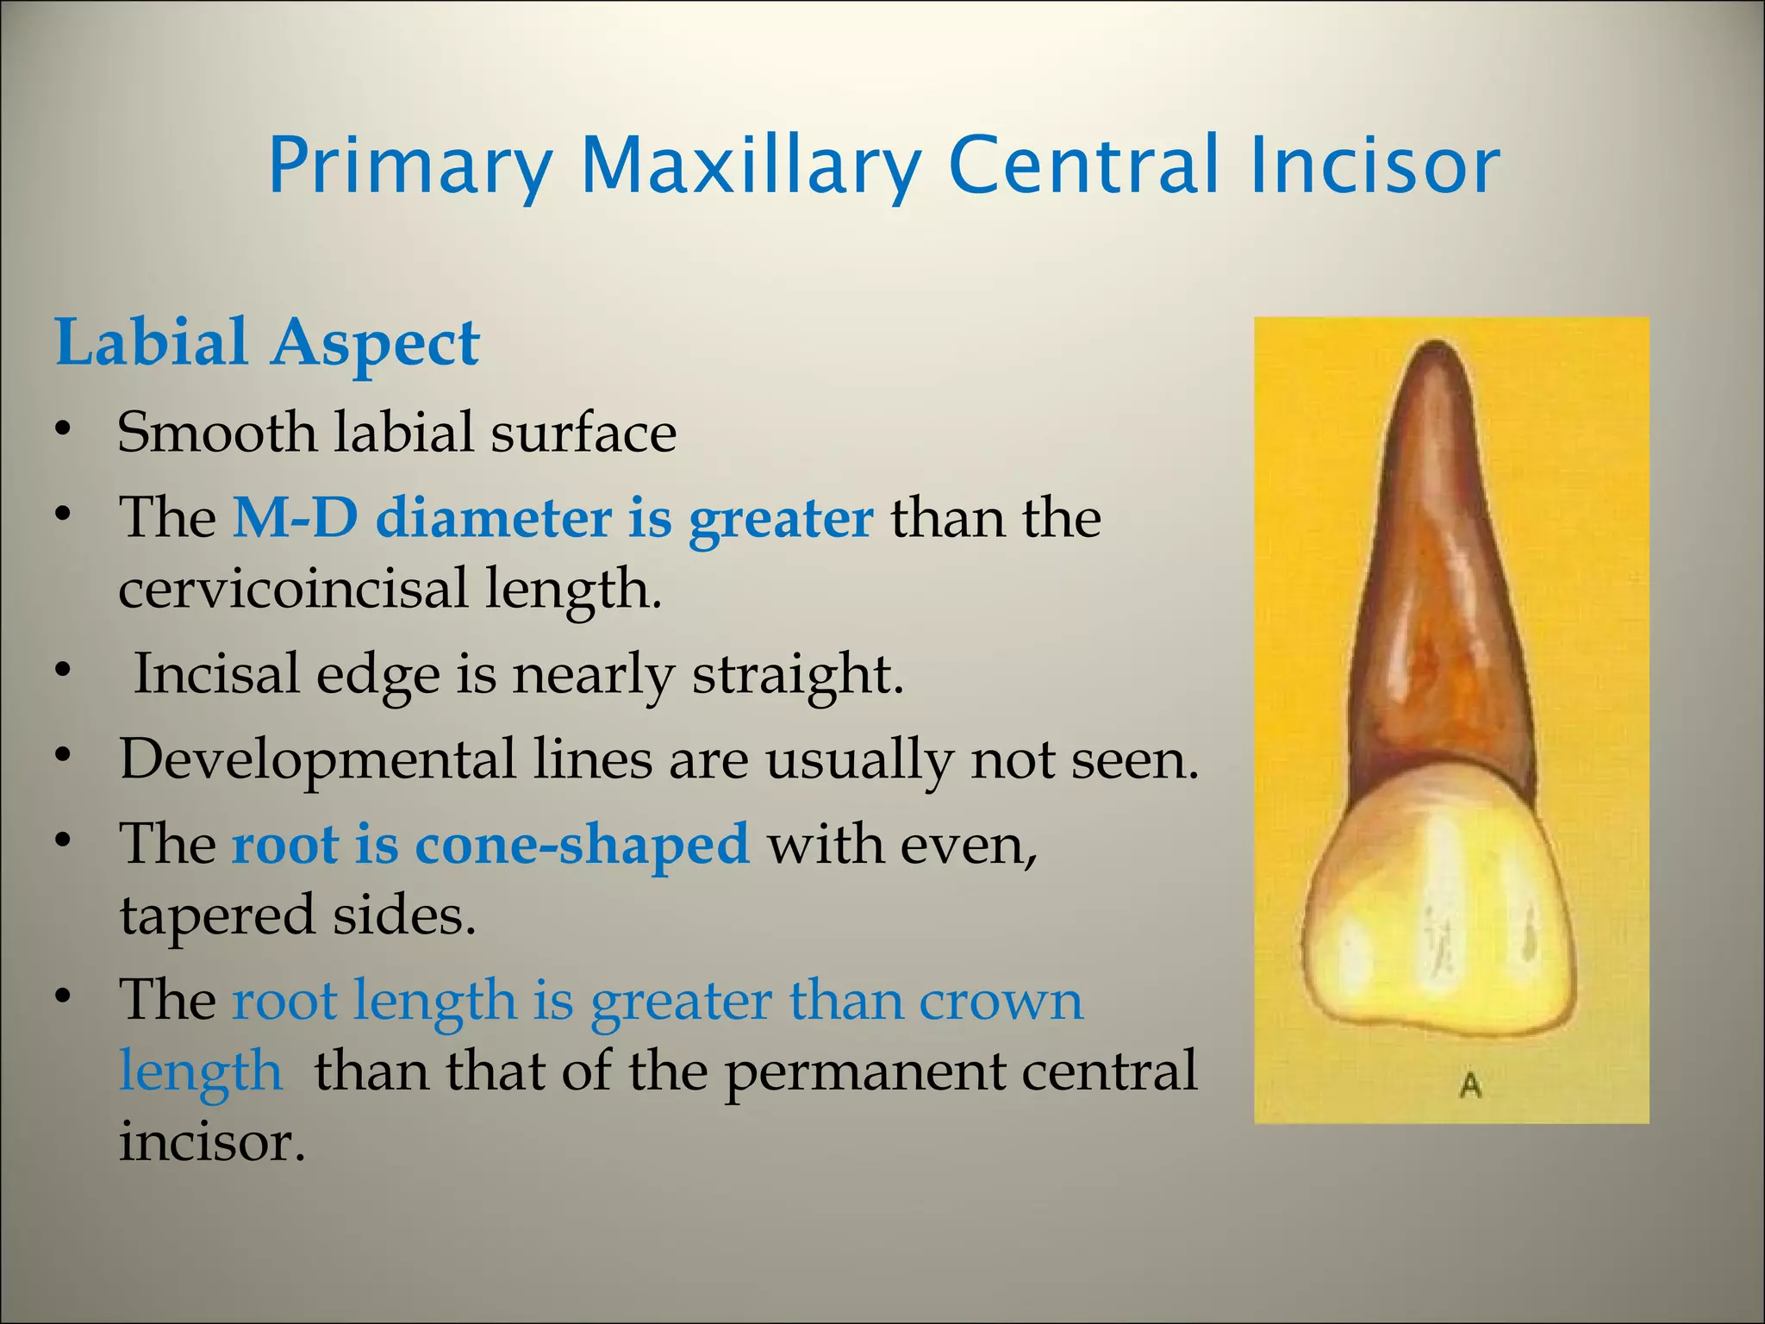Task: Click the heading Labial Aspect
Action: coord(267,344)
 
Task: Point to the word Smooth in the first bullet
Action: coord(216,432)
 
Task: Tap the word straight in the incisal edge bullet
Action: coord(797,675)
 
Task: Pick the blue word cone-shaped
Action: coord(582,845)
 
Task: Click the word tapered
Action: coord(216,916)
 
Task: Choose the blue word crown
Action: coord(1000,1002)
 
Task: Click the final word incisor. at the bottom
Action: coord(212,1142)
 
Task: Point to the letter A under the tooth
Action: coord(1470,1086)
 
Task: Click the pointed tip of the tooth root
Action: coord(1436,349)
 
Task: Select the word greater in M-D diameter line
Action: coord(781,520)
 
